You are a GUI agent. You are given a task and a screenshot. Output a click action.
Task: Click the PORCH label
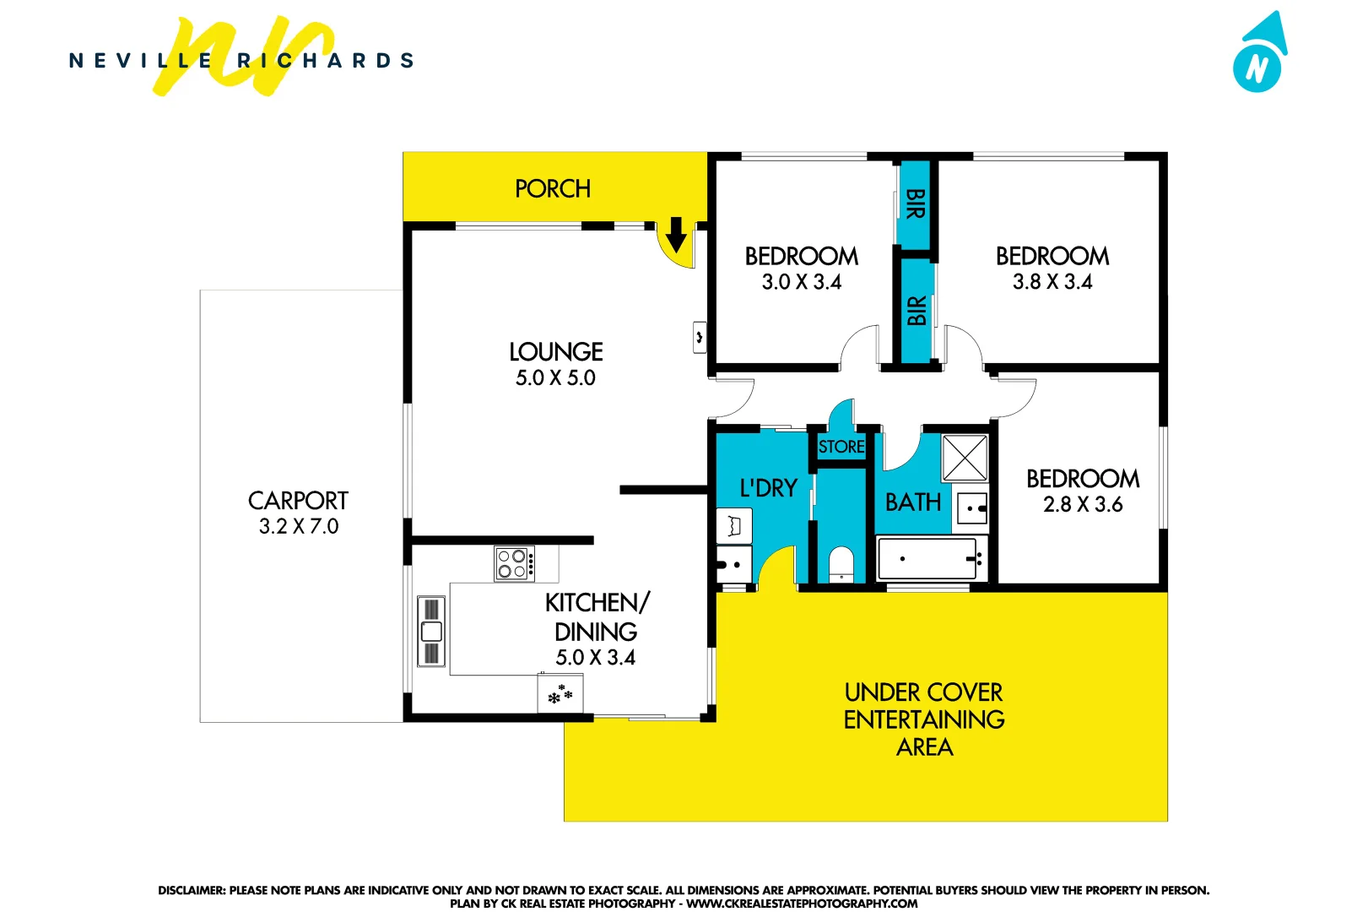pyautogui.click(x=553, y=188)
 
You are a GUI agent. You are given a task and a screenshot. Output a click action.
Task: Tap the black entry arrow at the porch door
pyautogui.click(x=676, y=235)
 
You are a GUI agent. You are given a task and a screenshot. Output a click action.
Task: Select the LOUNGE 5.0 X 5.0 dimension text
pyautogui.click(x=555, y=378)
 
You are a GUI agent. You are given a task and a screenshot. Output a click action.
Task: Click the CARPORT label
pyautogui.click(x=298, y=501)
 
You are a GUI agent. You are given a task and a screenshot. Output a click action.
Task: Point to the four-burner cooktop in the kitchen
pyautogui.click(x=513, y=563)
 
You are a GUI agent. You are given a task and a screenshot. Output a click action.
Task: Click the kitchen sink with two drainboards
pyautogui.click(x=431, y=631)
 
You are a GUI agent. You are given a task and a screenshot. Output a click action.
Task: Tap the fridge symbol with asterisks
pyautogui.click(x=560, y=695)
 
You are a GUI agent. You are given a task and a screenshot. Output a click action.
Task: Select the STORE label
pyautogui.click(x=841, y=447)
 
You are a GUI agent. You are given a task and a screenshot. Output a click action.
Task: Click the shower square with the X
pyautogui.click(x=965, y=458)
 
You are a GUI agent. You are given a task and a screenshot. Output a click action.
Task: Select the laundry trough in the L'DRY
pyautogui.click(x=734, y=526)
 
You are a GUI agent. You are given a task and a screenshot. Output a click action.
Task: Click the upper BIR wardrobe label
pyautogui.click(x=915, y=204)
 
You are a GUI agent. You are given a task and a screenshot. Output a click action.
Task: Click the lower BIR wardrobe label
pyautogui.click(x=917, y=311)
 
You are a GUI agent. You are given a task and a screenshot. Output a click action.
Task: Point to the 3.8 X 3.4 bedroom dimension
pyautogui.click(x=1052, y=282)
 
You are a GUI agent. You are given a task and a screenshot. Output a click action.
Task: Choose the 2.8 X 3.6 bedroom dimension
pyautogui.click(x=1083, y=505)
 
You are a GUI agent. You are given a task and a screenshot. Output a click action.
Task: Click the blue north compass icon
pyautogui.click(x=1259, y=56)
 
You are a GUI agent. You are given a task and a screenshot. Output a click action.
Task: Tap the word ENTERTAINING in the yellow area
pyautogui.click(x=924, y=719)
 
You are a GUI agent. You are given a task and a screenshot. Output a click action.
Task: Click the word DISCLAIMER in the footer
pyautogui.click(x=191, y=890)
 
